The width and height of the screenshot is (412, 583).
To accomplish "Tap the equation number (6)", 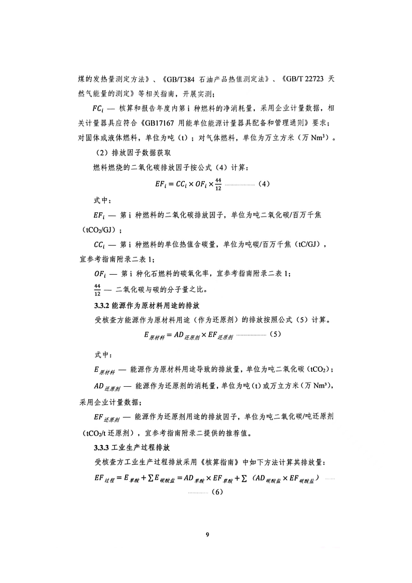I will tap(216, 492).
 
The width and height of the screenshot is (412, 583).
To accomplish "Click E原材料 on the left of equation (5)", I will tap(154, 335).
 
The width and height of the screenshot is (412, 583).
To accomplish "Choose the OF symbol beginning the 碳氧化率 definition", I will tap(100, 274).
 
